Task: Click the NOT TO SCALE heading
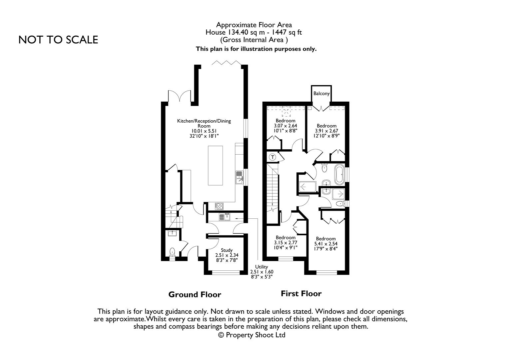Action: tap(58, 40)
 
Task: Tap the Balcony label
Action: tap(321, 93)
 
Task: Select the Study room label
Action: tap(227, 250)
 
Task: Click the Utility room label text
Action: tap(261, 267)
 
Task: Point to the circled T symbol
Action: tap(273, 157)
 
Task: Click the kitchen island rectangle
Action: tap(216, 165)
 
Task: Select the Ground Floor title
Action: tap(195, 295)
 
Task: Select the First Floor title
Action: tap(301, 294)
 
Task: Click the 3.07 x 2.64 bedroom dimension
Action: tap(285, 126)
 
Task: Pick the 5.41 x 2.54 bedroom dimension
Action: tap(326, 244)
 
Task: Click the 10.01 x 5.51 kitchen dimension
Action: tap(204, 131)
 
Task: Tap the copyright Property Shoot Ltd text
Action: tap(252, 335)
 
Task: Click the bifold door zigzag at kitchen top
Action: tap(227, 63)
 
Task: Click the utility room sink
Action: tap(224, 217)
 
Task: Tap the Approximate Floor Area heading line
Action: tap(254, 25)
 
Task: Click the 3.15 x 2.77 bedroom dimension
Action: tap(285, 243)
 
